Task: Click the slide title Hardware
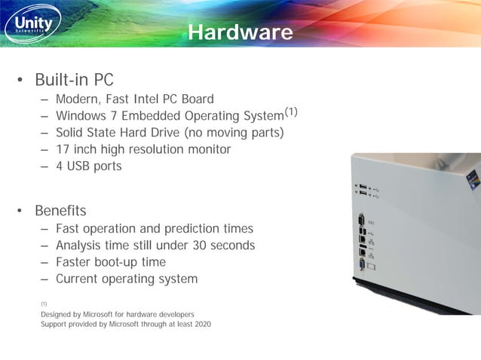(x=240, y=32)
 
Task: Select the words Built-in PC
(x=74, y=79)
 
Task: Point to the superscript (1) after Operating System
(x=291, y=112)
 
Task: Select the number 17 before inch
(x=63, y=149)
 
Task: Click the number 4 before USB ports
(x=60, y=166)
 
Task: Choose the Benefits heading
(x=60, y=210)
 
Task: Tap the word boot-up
(x=121, y=262)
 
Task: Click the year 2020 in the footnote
(x=201, y=324)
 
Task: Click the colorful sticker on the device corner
(x=473, y=179)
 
